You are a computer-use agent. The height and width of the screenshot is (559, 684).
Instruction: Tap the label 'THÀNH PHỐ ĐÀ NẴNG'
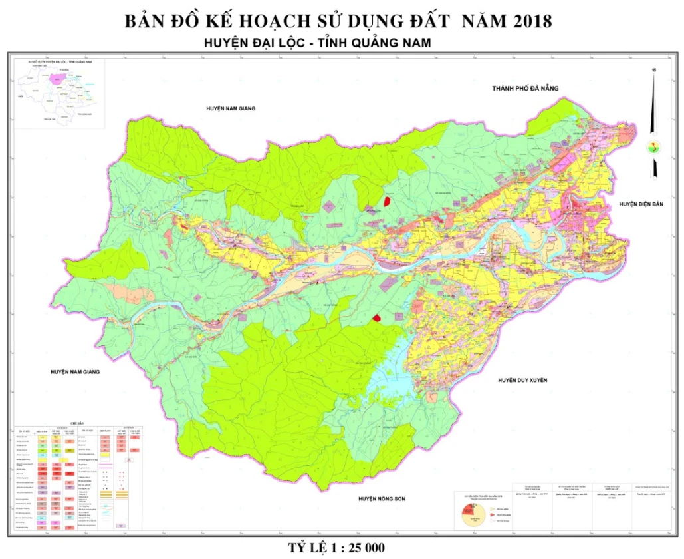coord(526,88)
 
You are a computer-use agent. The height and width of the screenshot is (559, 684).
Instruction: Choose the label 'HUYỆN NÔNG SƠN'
coord(382,498)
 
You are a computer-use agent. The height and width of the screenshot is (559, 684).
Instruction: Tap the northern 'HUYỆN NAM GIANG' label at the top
coord(231,108)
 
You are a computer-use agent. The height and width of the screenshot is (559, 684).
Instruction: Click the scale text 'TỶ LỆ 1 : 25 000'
coord(336,548)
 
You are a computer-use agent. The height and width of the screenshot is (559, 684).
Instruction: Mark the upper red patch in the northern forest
coord(386,200)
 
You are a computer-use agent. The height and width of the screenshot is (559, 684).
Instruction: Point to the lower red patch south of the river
coord(378,319)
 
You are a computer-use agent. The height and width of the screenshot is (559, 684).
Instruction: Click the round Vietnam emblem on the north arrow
coord(654,147)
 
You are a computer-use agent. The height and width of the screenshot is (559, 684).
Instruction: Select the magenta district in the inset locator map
coord(57,79)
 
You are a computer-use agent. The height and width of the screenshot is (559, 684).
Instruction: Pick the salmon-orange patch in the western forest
coord(127,291)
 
